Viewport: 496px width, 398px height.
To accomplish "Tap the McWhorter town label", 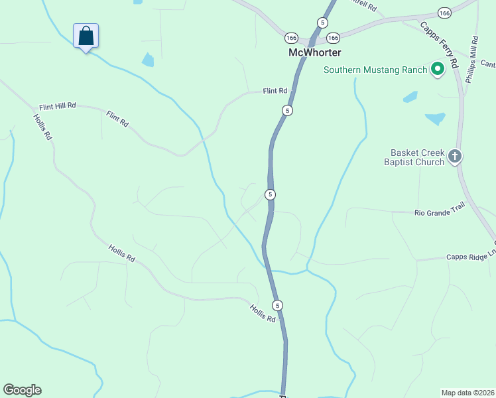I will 314,52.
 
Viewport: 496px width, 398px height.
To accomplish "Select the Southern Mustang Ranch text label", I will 375,69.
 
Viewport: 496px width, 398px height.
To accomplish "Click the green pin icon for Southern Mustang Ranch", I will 438,68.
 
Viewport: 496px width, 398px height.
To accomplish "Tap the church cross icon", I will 454,157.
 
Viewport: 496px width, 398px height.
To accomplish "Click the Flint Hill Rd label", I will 58,105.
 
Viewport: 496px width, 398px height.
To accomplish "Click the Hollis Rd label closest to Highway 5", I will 263,313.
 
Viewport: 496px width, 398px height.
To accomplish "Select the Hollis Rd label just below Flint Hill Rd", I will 42,126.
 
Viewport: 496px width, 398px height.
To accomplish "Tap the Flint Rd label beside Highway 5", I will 275,91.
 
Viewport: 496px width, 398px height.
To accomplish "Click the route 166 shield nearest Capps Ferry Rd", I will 444,13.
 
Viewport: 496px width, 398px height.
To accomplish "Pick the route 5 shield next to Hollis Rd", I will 278,305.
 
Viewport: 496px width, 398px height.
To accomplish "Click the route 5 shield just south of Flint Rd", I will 286,110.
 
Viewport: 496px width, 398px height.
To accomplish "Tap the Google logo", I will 22,390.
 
